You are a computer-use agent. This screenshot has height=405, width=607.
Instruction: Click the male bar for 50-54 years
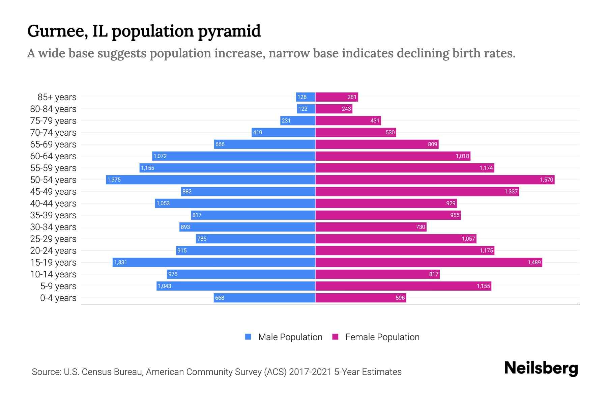pos(211,180)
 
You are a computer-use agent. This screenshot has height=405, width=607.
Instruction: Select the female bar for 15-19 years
pos(429,262)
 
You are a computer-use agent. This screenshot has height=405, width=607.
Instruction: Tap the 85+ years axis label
pos(57,97)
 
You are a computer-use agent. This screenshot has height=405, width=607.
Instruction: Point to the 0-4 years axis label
pos(58,298)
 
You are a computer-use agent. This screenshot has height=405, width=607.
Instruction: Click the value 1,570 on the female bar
pos(546,180)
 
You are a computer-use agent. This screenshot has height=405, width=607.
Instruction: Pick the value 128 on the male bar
pos(302,97)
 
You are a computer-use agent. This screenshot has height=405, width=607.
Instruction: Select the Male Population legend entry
pos(284,337)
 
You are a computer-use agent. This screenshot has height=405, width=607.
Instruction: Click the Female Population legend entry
pos(376,337)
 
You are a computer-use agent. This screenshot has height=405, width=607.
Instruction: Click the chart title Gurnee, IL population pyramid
pos(144,31)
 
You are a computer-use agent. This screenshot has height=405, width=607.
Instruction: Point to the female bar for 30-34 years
pos(371,227)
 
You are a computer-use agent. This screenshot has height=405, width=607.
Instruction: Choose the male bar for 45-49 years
pos(248,191)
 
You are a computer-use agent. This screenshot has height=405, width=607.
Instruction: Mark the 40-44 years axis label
pos(53,204)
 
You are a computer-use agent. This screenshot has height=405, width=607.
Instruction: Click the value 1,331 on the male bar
pos(120,262)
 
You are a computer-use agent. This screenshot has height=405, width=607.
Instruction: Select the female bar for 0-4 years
pos(360,298)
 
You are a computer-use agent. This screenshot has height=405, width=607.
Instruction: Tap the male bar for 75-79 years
pos(298,120)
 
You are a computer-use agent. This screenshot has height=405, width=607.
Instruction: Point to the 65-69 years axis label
pos(53,144)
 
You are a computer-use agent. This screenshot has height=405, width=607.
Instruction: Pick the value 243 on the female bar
pos(346,109)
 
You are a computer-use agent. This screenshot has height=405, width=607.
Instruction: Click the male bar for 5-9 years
pos(236,286)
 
